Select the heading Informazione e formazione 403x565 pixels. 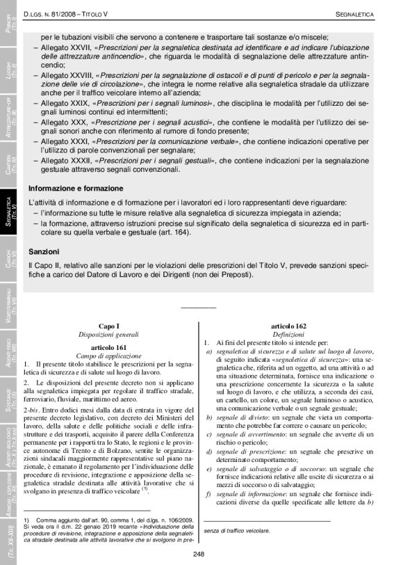(76, 189)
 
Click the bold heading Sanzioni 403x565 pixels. (43, 251)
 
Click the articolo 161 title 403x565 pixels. (109, 346)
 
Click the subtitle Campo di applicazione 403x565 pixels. (109, 356)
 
